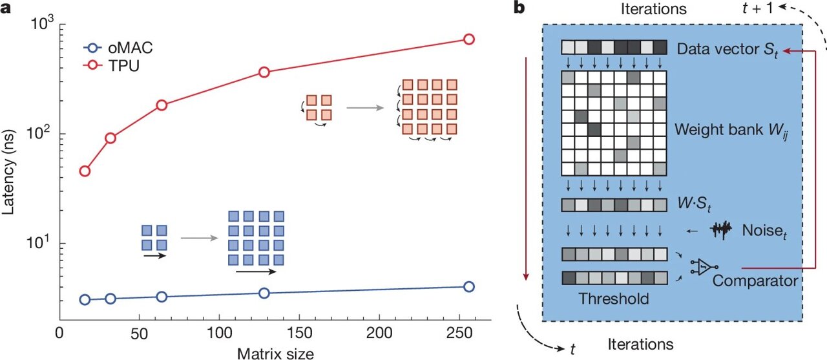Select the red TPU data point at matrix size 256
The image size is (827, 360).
coord(469,39)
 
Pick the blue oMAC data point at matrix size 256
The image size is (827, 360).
coord(469,286)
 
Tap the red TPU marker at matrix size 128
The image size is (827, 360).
coord(264,72)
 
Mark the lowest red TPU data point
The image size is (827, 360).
coord(85,171)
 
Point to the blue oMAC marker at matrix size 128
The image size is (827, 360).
coord(264,293)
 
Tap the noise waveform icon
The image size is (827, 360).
coord(723,229)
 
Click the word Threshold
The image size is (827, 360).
coord(613,299)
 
